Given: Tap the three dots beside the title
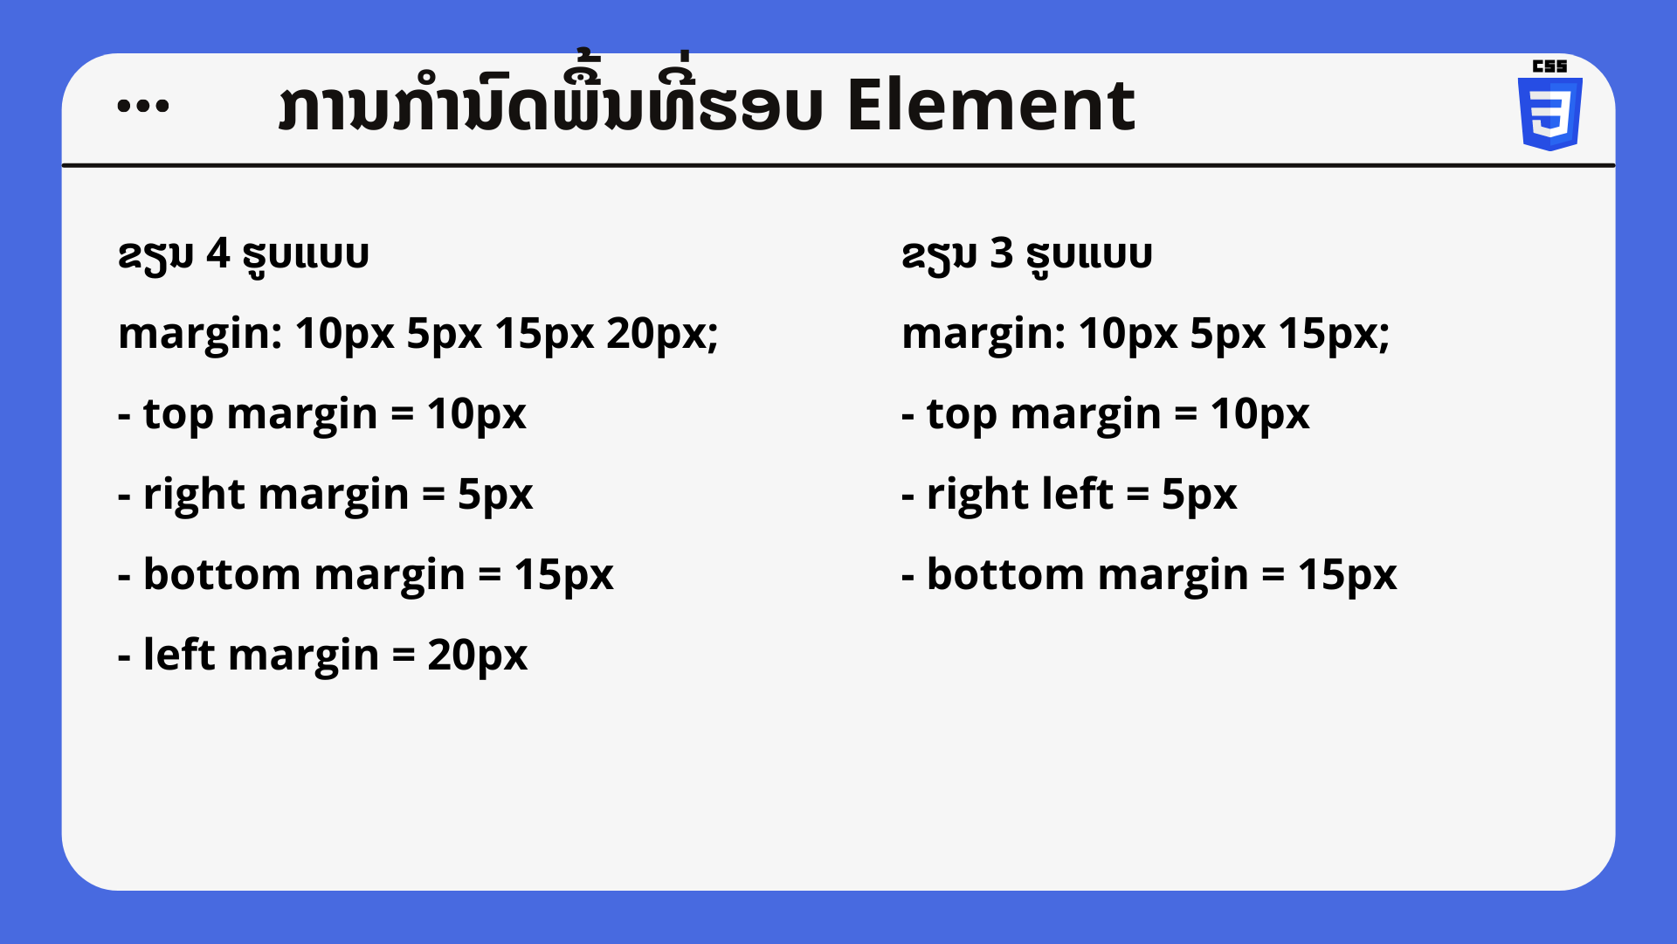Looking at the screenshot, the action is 142,106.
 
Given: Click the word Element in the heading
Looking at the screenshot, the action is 990,106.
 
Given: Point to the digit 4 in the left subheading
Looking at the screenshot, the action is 217,254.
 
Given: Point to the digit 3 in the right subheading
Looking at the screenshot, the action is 1001,254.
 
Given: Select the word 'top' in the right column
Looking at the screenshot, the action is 962,415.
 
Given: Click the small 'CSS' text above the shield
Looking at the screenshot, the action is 1549,66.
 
